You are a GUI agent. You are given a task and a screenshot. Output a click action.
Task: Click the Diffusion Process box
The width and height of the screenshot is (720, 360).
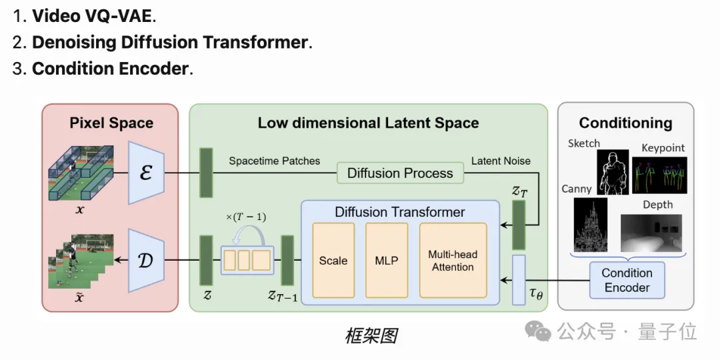coord(400,173)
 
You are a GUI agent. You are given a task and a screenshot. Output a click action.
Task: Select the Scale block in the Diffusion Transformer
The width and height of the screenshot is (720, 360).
coord(333,261)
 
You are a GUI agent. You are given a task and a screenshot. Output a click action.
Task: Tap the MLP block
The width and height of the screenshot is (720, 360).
coord(387,261)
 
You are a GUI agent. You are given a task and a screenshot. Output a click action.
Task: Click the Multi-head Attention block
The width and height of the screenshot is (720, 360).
coord(453,261)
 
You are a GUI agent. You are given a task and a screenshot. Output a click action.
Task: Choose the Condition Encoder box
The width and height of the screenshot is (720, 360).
coord(627,281)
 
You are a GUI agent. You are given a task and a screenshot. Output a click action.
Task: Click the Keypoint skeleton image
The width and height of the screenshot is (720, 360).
coord(663,175)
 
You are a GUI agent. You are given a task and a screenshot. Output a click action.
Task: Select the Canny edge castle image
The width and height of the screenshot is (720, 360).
coord(590,224)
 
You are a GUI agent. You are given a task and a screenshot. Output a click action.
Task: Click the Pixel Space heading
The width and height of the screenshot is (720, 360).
coord(111,123)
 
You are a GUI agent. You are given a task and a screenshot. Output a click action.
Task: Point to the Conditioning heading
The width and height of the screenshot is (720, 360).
coord(625,123)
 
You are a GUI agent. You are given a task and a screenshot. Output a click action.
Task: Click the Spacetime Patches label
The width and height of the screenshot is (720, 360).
coord(274,161)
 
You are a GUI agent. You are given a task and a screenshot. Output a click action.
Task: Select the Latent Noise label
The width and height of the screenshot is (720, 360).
coord(501,161)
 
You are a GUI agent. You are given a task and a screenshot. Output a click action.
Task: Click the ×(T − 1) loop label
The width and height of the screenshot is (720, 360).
coord(247,217)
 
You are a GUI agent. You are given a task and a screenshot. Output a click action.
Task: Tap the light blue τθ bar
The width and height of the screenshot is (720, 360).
coord(519,279)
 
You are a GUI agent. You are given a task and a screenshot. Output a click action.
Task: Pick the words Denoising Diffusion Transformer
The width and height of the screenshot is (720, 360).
coord(170,42)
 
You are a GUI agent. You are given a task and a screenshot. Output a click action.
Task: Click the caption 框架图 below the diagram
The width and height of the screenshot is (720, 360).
coord(371,336)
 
